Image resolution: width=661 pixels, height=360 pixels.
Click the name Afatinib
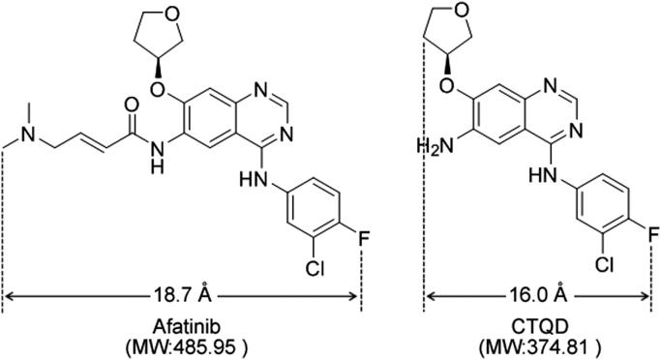tap(183, 325)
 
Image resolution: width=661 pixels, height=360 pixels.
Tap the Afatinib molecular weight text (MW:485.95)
tap(183, 345)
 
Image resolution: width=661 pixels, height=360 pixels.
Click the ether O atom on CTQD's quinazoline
tap(481, 93)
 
